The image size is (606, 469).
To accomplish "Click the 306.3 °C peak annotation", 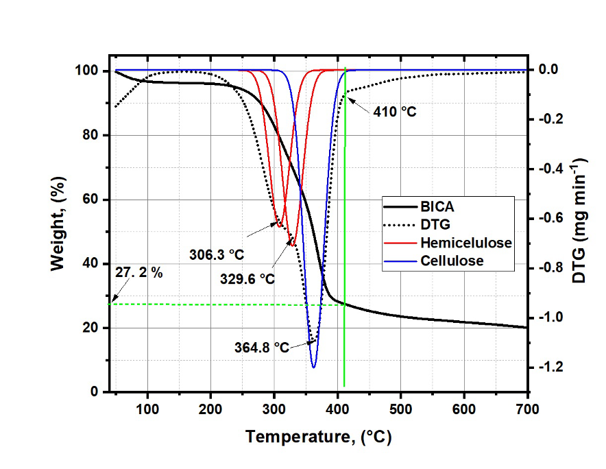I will click(217, 254).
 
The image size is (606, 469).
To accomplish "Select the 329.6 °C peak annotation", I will click(247, 279).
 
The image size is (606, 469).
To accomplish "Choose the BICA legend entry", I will click(437, 206).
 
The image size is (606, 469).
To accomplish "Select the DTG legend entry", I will click(435, 224).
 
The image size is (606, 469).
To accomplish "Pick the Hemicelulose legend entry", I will click(466, 243).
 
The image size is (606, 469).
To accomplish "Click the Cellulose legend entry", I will click(452, 261).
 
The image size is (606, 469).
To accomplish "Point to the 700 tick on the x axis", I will click(527, 409).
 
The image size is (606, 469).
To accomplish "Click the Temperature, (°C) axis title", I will click(319, 437).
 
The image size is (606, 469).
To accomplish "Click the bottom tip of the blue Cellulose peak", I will click(314, 368).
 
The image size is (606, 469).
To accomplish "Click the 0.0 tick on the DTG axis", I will click(547, 69).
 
